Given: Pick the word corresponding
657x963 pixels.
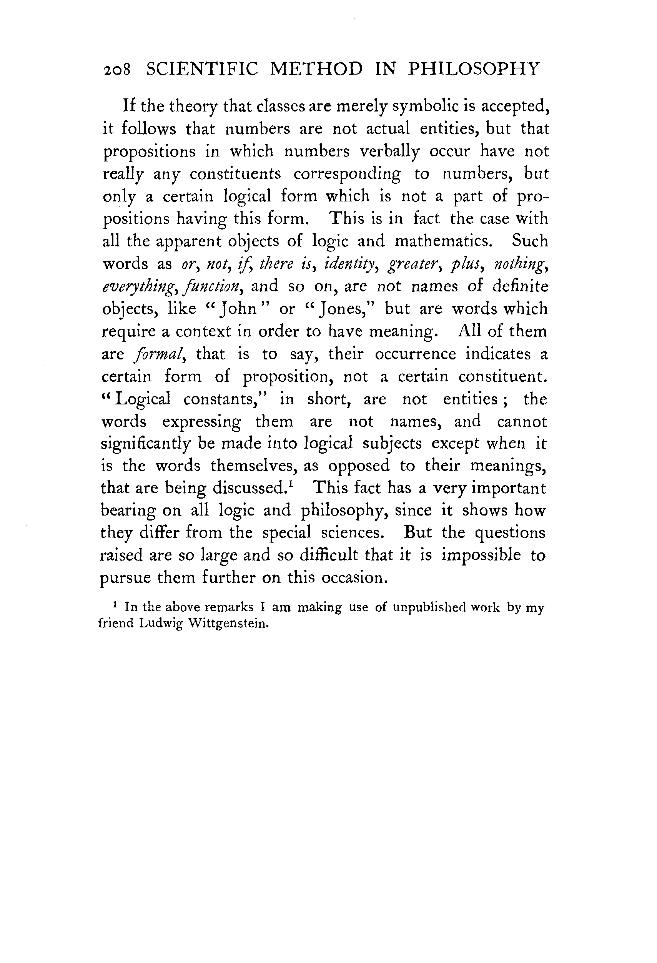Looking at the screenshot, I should point(347,174).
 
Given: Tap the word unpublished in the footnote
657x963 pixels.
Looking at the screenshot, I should point(429,608).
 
